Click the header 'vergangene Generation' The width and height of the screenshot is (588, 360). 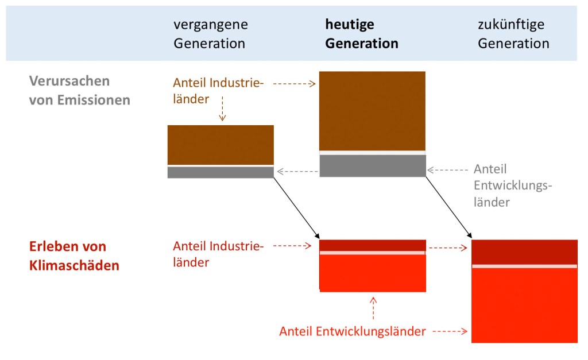[211, 34]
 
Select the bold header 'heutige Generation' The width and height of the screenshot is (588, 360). [362, 34]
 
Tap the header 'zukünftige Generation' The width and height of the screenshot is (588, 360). [513, 34]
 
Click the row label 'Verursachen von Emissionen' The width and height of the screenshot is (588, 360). [80, 90]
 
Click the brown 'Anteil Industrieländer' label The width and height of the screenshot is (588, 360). [218, 91]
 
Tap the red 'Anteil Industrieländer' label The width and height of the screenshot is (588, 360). [218, 254]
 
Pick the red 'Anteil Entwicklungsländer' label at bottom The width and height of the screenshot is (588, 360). [353, 331]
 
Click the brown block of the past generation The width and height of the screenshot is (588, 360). [220, 145]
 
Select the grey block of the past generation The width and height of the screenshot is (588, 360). [220, 172]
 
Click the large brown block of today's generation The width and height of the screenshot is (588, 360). [372, 111]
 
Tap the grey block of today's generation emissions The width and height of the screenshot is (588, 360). [372, 166]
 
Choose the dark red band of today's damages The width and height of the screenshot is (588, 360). [372, 245]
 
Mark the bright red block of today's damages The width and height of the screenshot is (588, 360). [372, 273]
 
